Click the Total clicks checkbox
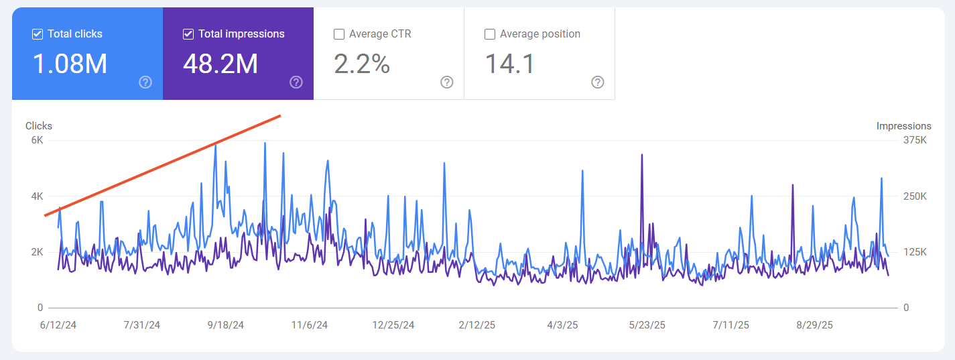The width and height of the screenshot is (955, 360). point(38,34)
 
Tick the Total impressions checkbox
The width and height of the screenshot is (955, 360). point(188,34)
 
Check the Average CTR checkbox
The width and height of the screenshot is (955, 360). point(339,34)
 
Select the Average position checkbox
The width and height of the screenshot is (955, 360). point(490,34)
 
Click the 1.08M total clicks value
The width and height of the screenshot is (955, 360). point(70,64)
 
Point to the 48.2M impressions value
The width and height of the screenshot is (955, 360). point(220,64)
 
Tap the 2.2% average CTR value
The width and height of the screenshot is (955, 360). point(362,64)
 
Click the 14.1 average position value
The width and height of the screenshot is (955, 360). point(509,64)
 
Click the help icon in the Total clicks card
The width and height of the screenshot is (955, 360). point(145,82)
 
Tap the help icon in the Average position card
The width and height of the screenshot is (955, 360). point(598,82)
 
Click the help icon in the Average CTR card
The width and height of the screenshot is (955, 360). point(447,82)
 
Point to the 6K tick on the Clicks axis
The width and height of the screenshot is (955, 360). point(36,140)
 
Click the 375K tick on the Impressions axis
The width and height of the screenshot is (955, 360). point(915,140)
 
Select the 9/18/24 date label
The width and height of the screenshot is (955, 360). point(225,325)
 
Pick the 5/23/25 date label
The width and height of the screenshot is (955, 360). point(647,325)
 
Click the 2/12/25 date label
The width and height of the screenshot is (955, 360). point(477,325)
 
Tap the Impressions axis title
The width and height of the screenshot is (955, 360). point(903,126)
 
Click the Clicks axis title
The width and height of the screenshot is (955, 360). point(39,126)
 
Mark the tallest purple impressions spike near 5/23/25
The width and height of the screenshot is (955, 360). point(642,155)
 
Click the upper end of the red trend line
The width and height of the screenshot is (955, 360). point(279,116)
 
